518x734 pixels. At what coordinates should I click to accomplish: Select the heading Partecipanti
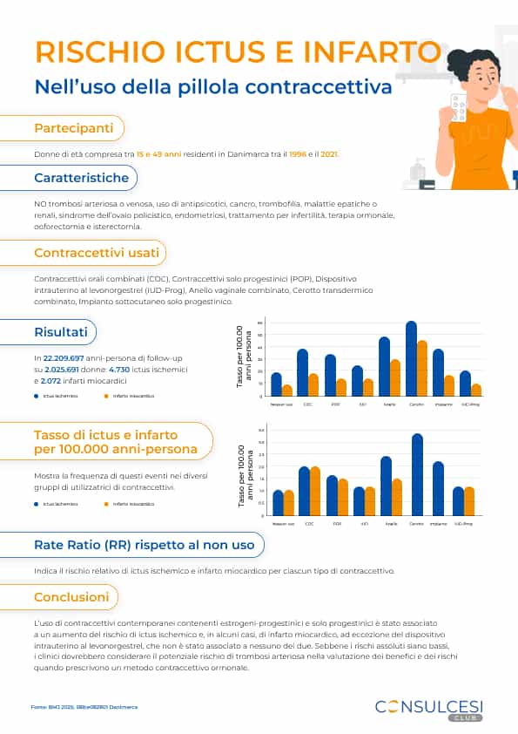coord(73,128)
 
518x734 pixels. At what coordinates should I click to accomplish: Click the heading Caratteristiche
coord(81,178)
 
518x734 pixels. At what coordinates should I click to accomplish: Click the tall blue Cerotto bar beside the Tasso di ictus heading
coord(417,474)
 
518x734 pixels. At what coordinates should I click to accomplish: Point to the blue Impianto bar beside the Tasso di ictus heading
coord(438,488)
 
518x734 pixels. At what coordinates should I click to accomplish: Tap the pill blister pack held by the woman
coord(454,104)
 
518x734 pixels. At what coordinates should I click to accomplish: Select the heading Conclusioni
coord(71,597)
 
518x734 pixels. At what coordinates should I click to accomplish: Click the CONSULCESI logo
coord(428,707)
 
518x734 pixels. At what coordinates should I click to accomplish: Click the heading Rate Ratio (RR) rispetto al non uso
coord(144,545)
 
